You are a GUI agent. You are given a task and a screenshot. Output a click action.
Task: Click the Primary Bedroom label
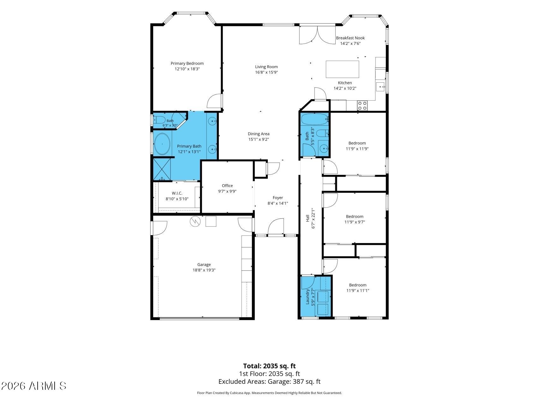[187, 63]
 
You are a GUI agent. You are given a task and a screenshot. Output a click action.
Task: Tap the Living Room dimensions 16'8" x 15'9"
[267, 72]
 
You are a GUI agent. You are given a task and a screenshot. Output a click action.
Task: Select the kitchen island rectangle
[342, 69]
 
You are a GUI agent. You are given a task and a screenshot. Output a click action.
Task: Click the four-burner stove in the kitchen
[362, 105]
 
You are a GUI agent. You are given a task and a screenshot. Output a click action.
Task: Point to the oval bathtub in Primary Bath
[162, 144]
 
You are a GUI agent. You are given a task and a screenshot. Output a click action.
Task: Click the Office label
[227, 186]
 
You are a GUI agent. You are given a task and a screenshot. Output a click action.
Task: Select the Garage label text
[204, 265]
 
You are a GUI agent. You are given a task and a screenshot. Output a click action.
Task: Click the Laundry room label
[308, 297]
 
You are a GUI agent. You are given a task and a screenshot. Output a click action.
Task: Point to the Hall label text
[308, 218]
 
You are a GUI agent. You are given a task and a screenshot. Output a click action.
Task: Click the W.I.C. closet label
[177, 193]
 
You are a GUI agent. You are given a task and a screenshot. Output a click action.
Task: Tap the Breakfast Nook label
[350, 38]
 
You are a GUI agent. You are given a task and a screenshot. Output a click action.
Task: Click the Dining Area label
[259, 134]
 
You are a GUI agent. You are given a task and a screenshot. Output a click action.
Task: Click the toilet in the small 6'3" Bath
[159, 120]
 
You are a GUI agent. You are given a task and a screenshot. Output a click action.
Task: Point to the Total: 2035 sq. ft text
[269, 366]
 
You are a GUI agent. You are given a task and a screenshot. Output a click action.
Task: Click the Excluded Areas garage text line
[269, 382]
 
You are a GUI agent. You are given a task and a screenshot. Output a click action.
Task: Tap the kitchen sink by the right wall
[380, 86]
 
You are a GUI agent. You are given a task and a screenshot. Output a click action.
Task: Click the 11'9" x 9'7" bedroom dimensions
[355, 222]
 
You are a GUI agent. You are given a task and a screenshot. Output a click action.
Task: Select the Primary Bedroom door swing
[215, 101]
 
